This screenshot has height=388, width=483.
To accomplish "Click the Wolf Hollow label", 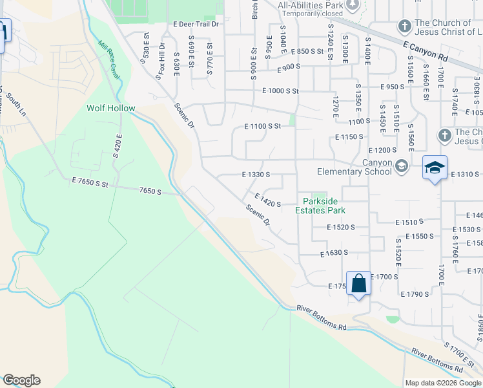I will coord(111,108).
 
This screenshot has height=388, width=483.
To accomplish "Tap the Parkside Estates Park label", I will coord(321,206).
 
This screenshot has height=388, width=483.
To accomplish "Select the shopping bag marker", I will coord(358,284).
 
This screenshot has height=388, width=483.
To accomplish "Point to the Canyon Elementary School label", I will coord(354,167).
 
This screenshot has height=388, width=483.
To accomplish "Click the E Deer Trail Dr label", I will coord(196,24).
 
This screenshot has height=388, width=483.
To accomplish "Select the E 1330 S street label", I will coord(255,175).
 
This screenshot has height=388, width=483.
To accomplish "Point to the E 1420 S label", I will coord(268,200).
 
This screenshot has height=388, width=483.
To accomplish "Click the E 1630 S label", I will coord(334,253).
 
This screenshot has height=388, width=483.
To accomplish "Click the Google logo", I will coord(21,380).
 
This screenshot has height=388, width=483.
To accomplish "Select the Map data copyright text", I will coord(443,383).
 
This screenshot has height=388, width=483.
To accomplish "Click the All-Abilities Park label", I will coord(310,6).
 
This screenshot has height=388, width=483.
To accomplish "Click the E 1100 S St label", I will coord(262,126).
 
